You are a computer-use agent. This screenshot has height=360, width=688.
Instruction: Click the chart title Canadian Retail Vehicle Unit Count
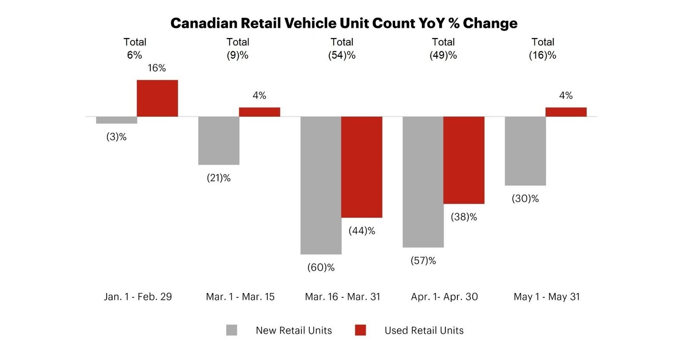click(x=344, y=23)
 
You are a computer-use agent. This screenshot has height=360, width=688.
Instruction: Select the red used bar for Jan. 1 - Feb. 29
click(x=157, y=98)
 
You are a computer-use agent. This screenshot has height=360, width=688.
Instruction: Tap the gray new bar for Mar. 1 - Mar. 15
click(x=219, y=141)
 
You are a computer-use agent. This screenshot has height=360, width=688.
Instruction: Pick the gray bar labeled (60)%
click(x=321, y=185)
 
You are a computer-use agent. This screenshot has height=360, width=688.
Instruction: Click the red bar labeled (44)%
click(x=362, y=167)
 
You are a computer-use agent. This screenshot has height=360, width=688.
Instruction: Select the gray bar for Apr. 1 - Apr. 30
click(x=423, y=182)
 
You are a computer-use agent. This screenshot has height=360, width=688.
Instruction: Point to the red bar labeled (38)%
click(x=464, y=160)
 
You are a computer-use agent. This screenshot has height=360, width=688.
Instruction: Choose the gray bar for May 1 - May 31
click(x=525, y=151)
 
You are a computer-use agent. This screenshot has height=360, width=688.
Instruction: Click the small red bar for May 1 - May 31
click(x=566, y=112)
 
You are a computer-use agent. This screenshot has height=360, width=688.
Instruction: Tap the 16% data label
click(x=157, y=68)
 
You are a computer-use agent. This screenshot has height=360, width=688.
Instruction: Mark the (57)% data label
click(x=423, y=261)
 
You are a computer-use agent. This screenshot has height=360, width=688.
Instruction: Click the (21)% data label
click(x=218, y=178)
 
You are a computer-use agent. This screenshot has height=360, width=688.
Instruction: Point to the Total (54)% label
click(x=342, y=49)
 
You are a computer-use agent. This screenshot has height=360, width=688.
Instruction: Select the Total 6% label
click(x=135, y=49)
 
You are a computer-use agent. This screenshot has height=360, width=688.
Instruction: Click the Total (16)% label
click(x=543, y=49)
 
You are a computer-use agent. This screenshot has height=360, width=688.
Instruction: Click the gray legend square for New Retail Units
click(x=232, y=330)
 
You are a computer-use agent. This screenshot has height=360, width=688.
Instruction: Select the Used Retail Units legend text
click(x=424, y=331)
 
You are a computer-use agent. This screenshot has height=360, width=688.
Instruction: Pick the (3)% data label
click(x=117, y=137)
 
